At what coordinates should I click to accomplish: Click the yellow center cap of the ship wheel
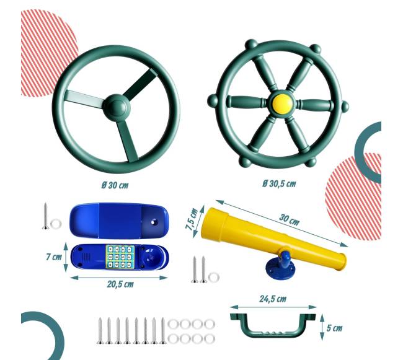pyautogui.click(x=282, y=102)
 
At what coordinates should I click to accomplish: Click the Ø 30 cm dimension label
pyautogui.click(x=115, y=185)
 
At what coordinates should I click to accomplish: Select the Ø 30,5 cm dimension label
pyautogui.click(x=279, y=184)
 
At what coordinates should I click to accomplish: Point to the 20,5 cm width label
pyautogui.click(x=120, y=284)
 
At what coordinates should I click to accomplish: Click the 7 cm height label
pyautogui.click(x=54, y=257)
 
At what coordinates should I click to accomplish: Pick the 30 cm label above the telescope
pyautogui.click(x=289, y=219)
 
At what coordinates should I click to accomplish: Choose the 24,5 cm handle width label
pyautogui.click(x=273, y=299)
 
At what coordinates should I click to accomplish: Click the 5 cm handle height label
pyautogui.click(x=334, y=328)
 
